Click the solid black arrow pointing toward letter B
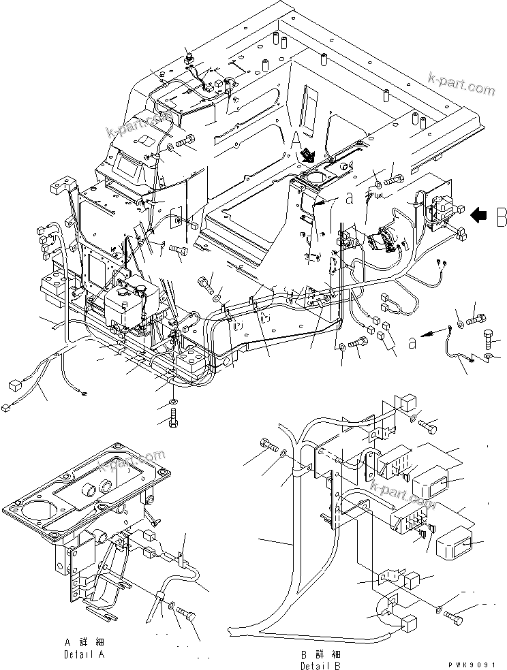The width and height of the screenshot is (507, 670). (x=479, y=215)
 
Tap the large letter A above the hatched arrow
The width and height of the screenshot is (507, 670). (x=296, y=140)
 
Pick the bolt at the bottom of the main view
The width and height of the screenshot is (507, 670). (x=172, y=417)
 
